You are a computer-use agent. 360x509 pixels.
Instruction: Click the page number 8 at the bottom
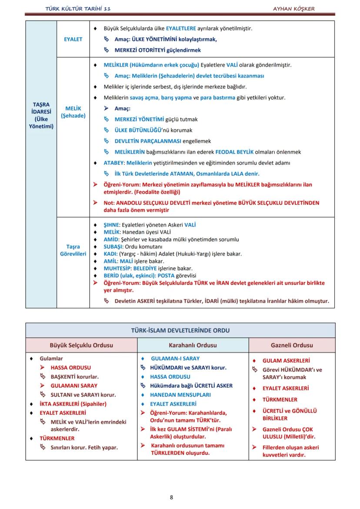pyautogui.click(x=171, y=497)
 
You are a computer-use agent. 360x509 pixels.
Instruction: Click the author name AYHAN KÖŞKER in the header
pyautogui.click(x=294, y=9)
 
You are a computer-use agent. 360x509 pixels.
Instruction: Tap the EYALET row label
pyautogui.click(x=73, y=39)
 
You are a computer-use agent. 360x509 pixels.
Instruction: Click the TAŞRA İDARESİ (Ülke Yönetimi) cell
pyautogui.click(x=41, y=116)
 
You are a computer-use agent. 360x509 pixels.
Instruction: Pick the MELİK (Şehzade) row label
pyautogui.click(x=73, y=112)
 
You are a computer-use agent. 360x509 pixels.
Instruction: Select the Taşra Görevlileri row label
pyautogui.click(x=73, y=250)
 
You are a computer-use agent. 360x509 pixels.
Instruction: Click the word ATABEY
pyautogui.click(x=113, y=163)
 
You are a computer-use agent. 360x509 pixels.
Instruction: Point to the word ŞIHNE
pyautogui.click(x=112, y=225)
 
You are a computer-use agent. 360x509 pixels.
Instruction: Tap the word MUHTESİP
pyautogui.click(x=117, y=269)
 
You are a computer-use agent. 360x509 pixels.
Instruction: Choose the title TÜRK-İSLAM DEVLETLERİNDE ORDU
pyautogui.click(x=180, y=330)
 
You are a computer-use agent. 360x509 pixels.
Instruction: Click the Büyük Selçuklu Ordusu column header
pyautogui.click(x=81, y=345)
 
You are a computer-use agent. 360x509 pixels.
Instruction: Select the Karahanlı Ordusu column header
pyautogui.click(x=193, y=345)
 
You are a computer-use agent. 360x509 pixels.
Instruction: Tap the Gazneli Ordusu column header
pyautogui.click(x=292, y=345)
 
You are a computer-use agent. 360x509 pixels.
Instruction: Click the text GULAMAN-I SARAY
pyautogui.click(x=175, y=359)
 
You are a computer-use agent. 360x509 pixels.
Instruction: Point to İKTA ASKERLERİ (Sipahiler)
pyautogui.click(x=73, y=404)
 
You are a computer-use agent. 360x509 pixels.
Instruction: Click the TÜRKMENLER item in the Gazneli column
pyautogui.click(x=280, y=399)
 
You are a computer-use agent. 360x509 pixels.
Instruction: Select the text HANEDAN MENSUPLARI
pyautogui.click(x=180, y=395)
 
